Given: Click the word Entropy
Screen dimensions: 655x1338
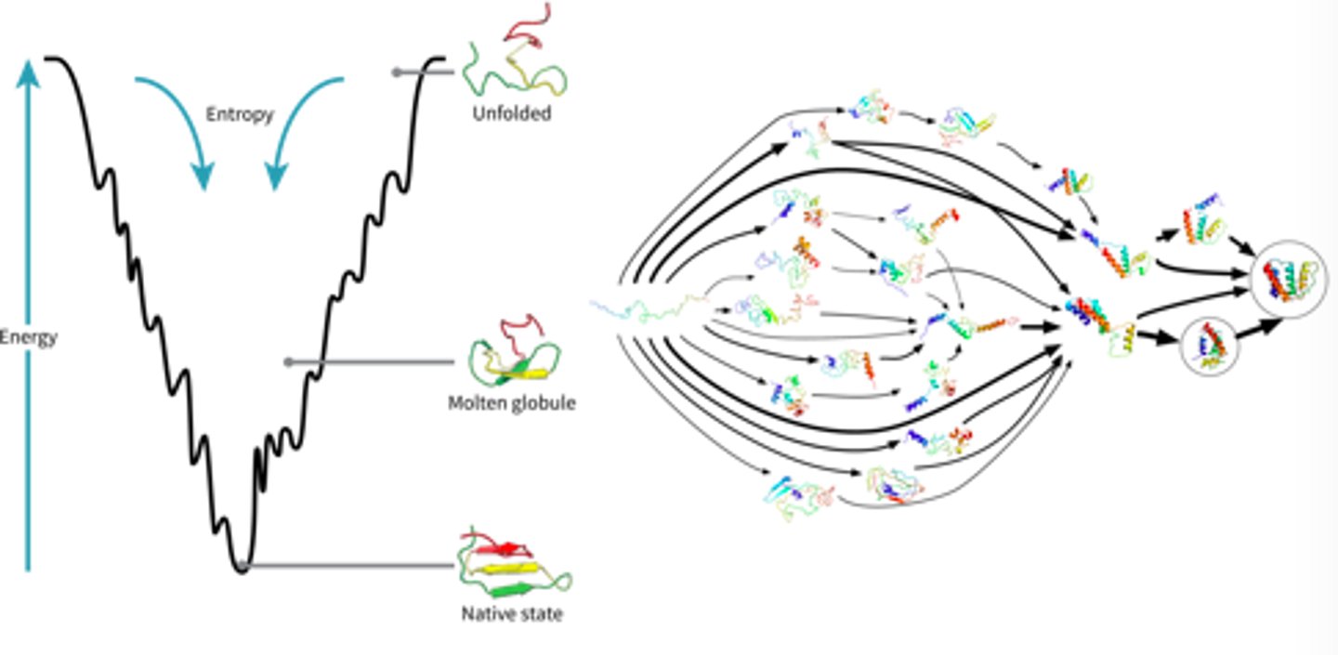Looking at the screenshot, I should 240,114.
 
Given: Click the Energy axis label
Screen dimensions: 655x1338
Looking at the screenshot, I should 29,337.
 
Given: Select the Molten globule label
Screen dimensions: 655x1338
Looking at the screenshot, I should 511,403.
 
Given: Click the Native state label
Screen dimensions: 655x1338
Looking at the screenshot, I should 511,614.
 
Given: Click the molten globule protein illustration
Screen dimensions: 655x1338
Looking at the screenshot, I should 515,358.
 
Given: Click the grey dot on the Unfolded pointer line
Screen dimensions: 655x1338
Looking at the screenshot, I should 397,72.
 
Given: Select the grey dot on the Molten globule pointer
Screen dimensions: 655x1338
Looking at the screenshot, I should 288,362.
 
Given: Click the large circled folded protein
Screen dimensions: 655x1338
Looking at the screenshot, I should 1289,279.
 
